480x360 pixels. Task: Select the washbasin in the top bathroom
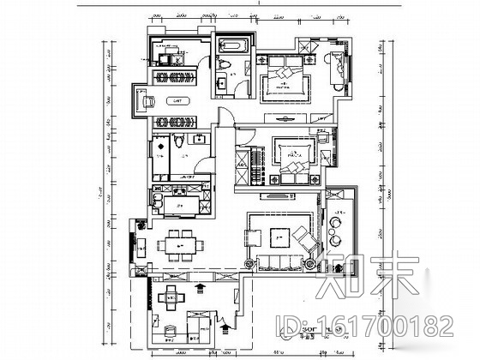pos(220,82)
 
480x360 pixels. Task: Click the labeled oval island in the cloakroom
pos(178,101)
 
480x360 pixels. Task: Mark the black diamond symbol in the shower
pos(160,147)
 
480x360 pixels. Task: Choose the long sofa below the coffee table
pos(279,262)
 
